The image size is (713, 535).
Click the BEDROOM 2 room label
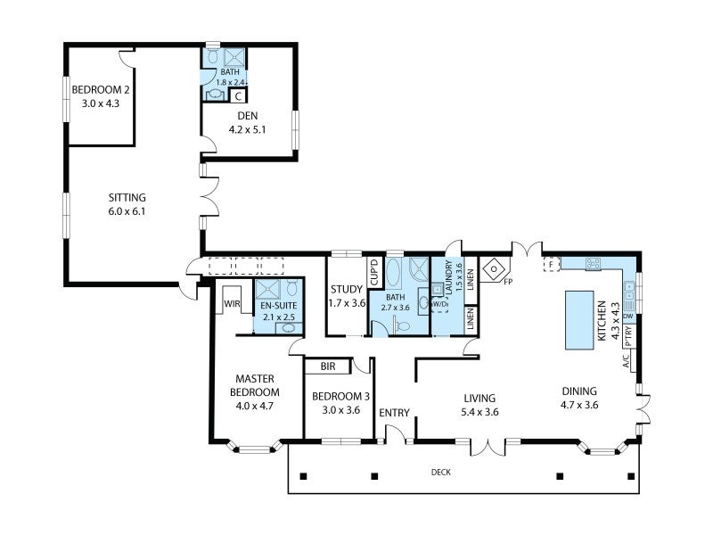point(101,90)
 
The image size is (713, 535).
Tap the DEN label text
point(248,116)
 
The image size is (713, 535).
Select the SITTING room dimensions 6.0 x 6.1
point(127,211)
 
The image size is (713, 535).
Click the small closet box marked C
point(238,96)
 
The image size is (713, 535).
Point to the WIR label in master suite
point(232,304)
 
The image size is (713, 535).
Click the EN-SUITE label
point(278,306)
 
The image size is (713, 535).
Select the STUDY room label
point(347,289)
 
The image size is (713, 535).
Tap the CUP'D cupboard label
point(374,272)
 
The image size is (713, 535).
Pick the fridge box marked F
point(552,264)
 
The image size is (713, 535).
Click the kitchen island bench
point(579,320)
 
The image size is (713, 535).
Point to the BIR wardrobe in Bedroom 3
point(328,366)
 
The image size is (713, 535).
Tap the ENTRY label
point(394,413)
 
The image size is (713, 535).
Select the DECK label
point(440,473)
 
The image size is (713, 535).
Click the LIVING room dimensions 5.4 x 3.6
point(479,412)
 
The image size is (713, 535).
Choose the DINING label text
point(579,391)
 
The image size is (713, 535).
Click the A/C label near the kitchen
point(626,361)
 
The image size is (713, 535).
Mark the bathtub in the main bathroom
point(393,273)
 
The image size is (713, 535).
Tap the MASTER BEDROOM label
point(255,385)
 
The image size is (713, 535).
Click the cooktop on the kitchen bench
point(593,263)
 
